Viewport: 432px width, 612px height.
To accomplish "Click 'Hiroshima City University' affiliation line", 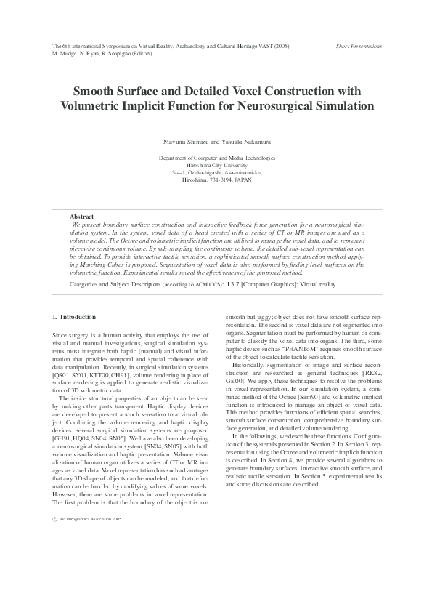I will [x=216, y=164].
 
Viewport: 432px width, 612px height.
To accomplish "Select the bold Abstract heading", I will [x=81, y=217].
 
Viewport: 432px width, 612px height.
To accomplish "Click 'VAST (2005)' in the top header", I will [x=274, y=46].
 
